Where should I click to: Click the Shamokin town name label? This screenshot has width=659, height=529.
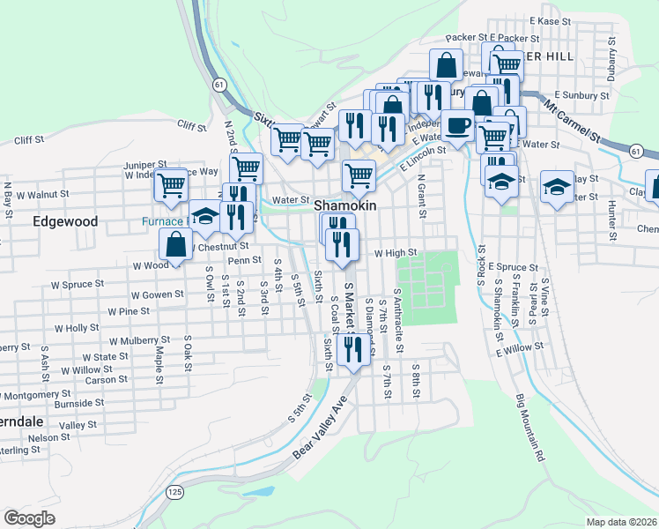(345, 205)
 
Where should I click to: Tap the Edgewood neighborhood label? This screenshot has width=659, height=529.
(65, 221)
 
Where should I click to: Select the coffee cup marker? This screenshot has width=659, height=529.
(456, 126)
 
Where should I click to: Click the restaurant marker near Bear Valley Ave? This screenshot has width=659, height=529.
(353, 350)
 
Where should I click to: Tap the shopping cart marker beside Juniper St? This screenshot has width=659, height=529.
(172, 185)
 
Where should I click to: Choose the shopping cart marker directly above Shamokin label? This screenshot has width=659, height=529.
(359, 175)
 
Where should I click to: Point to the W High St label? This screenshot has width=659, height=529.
(395, 253)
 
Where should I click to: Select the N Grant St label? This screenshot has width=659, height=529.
(421, 197)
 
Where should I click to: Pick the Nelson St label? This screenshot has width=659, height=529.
(48, 437)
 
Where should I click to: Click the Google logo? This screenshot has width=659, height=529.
(29, 518)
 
